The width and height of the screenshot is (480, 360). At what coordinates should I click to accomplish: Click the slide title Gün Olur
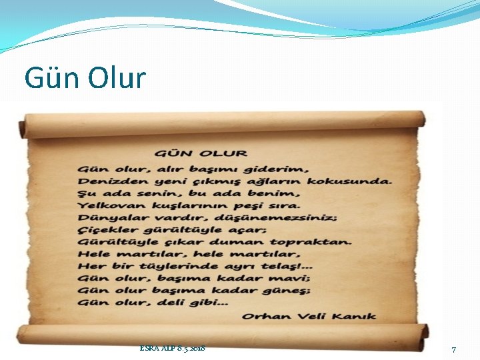[x=85, y=79]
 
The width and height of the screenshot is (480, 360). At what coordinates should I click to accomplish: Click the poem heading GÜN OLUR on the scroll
[x=201, y=154]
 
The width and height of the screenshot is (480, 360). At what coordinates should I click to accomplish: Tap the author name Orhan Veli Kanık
[x=309, y=316]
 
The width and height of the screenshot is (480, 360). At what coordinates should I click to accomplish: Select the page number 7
[x=454, y=350]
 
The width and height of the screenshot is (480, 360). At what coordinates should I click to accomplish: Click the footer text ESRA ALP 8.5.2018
[x=173, y=348]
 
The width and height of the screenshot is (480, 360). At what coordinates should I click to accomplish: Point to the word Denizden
[x=105, y=181]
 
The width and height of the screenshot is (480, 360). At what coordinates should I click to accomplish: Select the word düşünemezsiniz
[x=273, y=217]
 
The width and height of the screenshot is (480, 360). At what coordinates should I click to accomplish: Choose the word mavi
[x=294, y=278]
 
